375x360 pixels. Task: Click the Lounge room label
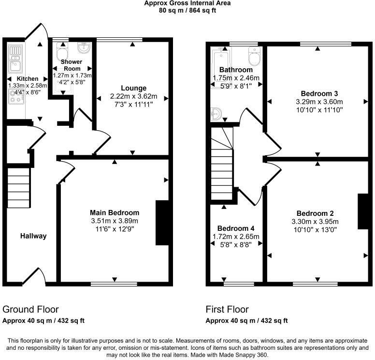[133, 88]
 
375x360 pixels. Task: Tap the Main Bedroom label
[115, 212]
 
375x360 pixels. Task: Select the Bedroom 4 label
[236, 228]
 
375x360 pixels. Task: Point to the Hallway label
[33, 236]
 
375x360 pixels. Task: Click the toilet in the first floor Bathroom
[254, 56]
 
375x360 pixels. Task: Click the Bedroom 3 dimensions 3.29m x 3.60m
[319, 102]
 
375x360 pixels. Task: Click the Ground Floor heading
[30, 309]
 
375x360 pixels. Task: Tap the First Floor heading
[227, 309]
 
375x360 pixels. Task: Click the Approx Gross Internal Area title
[187, 3]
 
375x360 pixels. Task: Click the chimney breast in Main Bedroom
[162, 223]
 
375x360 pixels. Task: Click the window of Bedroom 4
[236, 283]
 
